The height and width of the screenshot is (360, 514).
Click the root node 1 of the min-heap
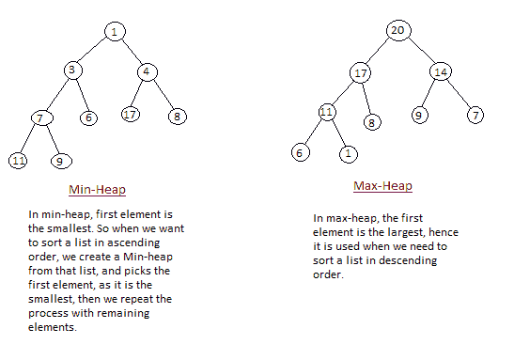[x=114, y=33]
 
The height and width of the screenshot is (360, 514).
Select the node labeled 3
[x=74, y=70]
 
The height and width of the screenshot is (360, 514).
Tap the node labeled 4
[x=146, y=71]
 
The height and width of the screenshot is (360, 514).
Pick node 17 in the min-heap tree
[x=130, y=115]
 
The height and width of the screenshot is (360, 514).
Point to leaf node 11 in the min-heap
[x=18, y=161]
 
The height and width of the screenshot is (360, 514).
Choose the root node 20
[x=398, y=30]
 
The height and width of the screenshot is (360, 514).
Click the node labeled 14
[x=442, y=71]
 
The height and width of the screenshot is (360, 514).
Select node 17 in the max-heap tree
[x=362, y=72]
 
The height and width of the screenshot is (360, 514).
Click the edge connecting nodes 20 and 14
[x=420, y=51]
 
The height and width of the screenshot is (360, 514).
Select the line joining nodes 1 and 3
[x=94, y=52]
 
